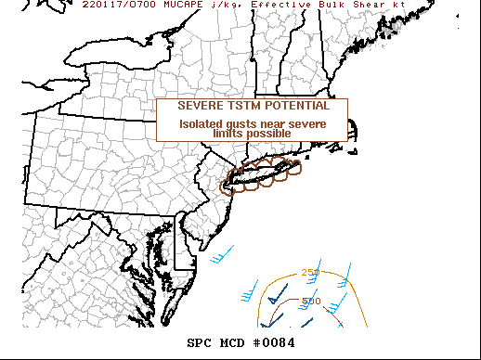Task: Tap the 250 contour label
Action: coord(310,272)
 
